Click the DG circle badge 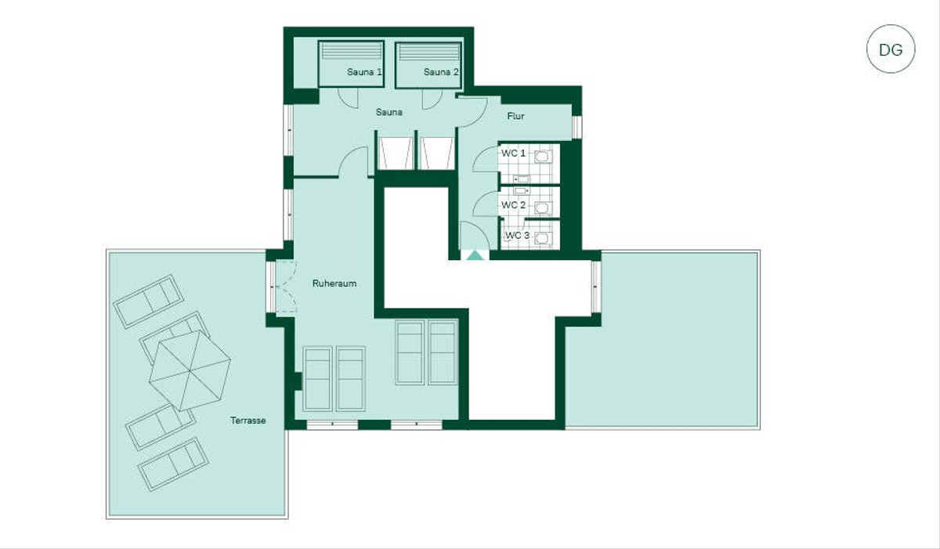pos(891,49)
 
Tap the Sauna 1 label pos(364,72)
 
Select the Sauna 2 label pos(441,72)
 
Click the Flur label pos(515,116)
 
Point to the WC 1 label pos(513,153)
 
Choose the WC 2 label pos(513,205)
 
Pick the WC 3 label pos(518,235)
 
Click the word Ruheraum pos(334,284)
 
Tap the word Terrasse pos(248,421)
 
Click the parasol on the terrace pos(190,370)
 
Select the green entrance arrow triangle pos(475,255)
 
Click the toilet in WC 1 pos(543,157)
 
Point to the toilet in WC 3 pos(543,238)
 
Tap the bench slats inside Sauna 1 pos(351,52)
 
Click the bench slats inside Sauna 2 pos(428,52)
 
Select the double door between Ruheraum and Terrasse pos(285,287)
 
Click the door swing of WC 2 pos(486,204)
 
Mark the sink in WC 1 pos(521,179)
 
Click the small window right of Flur pos(577,127)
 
